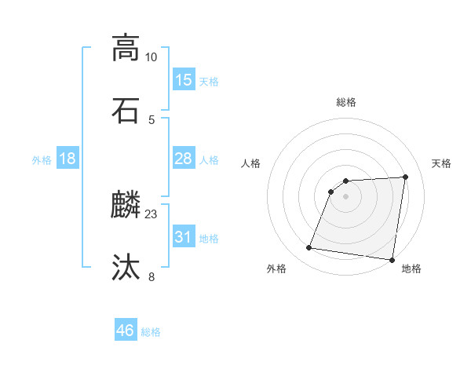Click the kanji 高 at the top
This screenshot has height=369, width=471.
[126, 48]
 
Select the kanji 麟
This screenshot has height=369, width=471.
[126, 205]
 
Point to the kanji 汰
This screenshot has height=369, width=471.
[126, 267]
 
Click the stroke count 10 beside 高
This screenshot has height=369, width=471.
[152, 57]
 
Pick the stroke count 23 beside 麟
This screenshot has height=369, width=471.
[152, 214]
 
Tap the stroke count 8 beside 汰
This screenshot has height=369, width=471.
[152, 276]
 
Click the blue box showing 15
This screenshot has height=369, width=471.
[184, 80]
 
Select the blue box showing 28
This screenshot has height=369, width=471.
[184, 159]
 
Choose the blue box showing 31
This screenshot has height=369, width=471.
[184, 236]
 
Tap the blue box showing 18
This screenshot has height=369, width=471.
[68, 159]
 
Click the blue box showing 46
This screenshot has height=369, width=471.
[126, 331]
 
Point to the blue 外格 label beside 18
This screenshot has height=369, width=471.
[42, 160]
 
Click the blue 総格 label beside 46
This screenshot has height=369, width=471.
[151, 332]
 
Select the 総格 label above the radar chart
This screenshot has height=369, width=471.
[346, 102]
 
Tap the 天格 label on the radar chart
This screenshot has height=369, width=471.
[442, 163]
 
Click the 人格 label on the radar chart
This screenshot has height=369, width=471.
[251, 163]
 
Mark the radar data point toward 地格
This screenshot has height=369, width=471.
[392, 260]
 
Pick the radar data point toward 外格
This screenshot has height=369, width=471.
[309, 248]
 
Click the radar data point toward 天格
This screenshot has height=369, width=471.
[405, 177]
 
